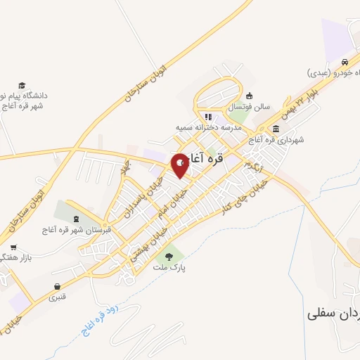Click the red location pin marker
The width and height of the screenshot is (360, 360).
[x=180, y=164]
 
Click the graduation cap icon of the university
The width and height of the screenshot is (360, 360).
[x=22, y=84]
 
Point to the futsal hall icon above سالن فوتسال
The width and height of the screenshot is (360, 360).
[x=249, y=96]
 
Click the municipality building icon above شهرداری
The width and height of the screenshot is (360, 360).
[x=275, y=129]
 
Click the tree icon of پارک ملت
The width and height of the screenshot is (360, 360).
[x=168, y=256]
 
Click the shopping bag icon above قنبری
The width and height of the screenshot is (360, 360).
[x=57, y=286]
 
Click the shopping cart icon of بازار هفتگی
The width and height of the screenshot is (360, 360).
[x=13, y=247]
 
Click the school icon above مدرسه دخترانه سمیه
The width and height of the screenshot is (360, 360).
[x=207, y=117]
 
